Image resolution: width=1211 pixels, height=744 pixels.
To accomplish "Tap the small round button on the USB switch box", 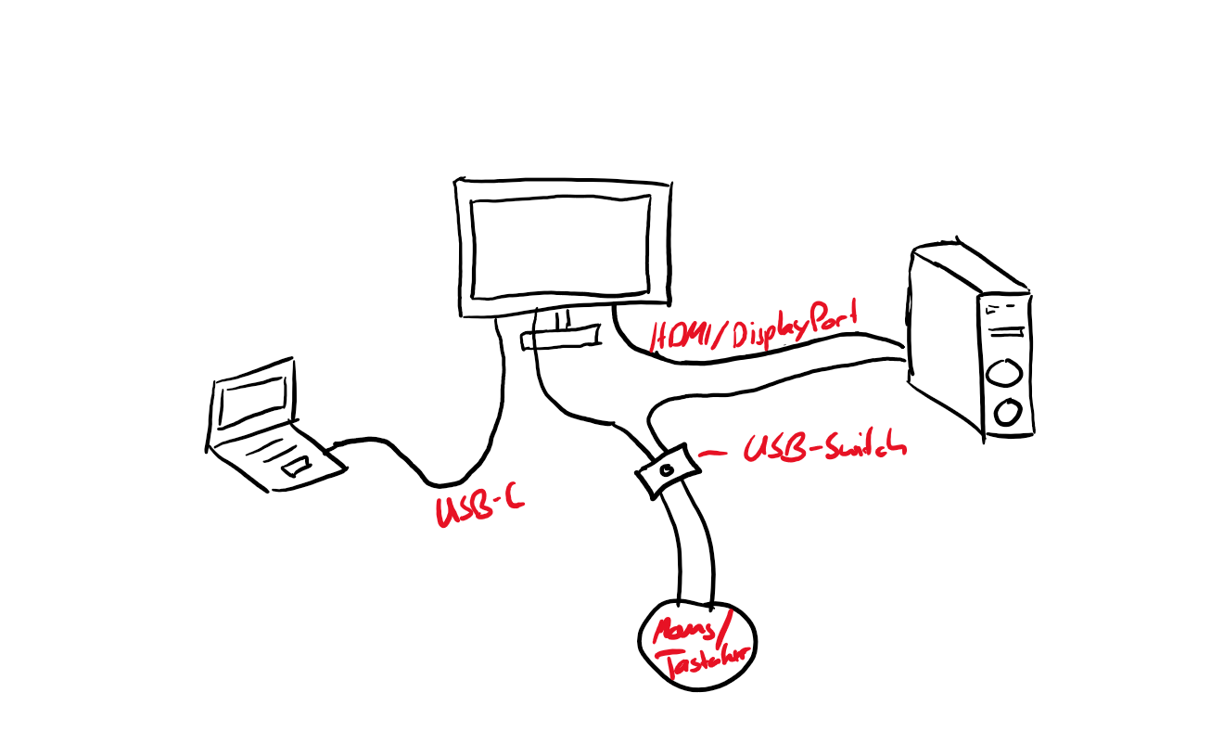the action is [666, 469].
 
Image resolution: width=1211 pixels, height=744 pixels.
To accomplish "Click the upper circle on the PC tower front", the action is [1005, 373].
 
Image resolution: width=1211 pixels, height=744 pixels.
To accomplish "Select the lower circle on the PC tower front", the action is [1007, 409].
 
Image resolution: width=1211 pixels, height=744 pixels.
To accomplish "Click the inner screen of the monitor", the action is [560, 247].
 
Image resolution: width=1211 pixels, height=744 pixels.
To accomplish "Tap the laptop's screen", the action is [251, 401].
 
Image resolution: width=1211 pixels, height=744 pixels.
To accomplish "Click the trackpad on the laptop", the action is [299, 465].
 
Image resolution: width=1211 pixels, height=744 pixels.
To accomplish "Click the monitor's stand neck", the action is [561, 319].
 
